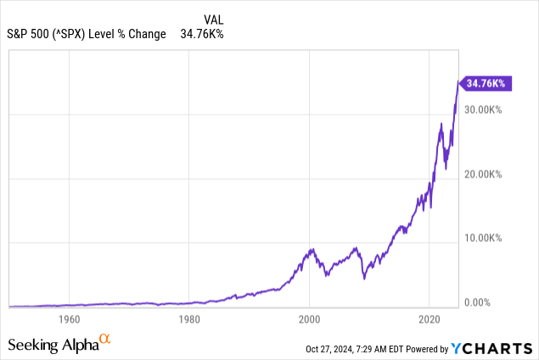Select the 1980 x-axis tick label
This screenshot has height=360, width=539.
pyautogui.click(x=189, y=320)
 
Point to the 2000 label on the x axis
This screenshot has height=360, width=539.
pyautogui.click(x=310, y=320)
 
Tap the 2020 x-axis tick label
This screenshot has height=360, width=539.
pyautogui.click(x=430, y=320)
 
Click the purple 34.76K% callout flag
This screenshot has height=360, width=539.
pyautogui.click(x=486, y=83)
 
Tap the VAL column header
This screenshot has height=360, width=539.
pyautogui.click(x=214, y=19)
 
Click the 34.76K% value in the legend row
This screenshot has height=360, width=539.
pyautogui.click(x=202, y=34)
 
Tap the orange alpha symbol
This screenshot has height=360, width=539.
pyautogui.click(x=105, y=340)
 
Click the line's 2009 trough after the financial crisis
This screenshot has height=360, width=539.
pyautogui.click(x=363, y=278)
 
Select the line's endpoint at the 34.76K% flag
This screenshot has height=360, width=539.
pyautogui.click(x=458, y=83)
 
